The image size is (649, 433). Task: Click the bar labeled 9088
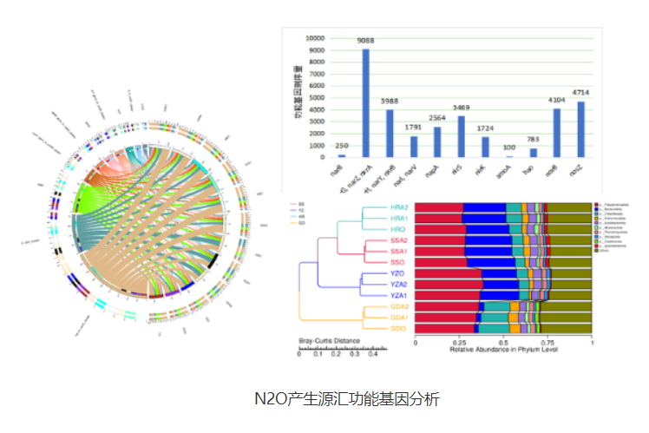366,102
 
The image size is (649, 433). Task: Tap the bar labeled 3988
390,133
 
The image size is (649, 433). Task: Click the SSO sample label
398,262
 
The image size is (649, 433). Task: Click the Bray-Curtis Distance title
325,340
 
